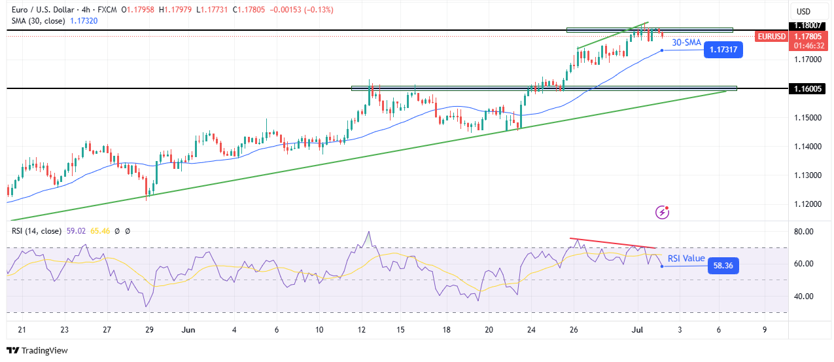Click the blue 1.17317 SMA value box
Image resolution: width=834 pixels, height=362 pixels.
[723, 50]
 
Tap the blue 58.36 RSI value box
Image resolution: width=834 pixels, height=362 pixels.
[723, 266]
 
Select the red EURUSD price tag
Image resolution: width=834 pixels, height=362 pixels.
[771, 37]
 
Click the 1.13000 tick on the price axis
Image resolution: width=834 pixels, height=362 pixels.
[808, 175]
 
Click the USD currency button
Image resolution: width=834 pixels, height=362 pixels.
[803, 11]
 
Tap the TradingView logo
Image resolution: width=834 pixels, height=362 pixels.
[37, 350]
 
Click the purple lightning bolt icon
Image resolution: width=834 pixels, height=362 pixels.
[663, 211]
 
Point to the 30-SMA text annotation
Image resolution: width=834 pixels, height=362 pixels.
[687, 43]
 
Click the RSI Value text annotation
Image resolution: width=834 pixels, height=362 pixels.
[686, 259]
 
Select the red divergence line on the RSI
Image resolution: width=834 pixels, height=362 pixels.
[612, 243]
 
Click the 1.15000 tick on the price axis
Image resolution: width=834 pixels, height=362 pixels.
[808, 118]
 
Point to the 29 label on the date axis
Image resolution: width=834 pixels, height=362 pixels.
[149, 330]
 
